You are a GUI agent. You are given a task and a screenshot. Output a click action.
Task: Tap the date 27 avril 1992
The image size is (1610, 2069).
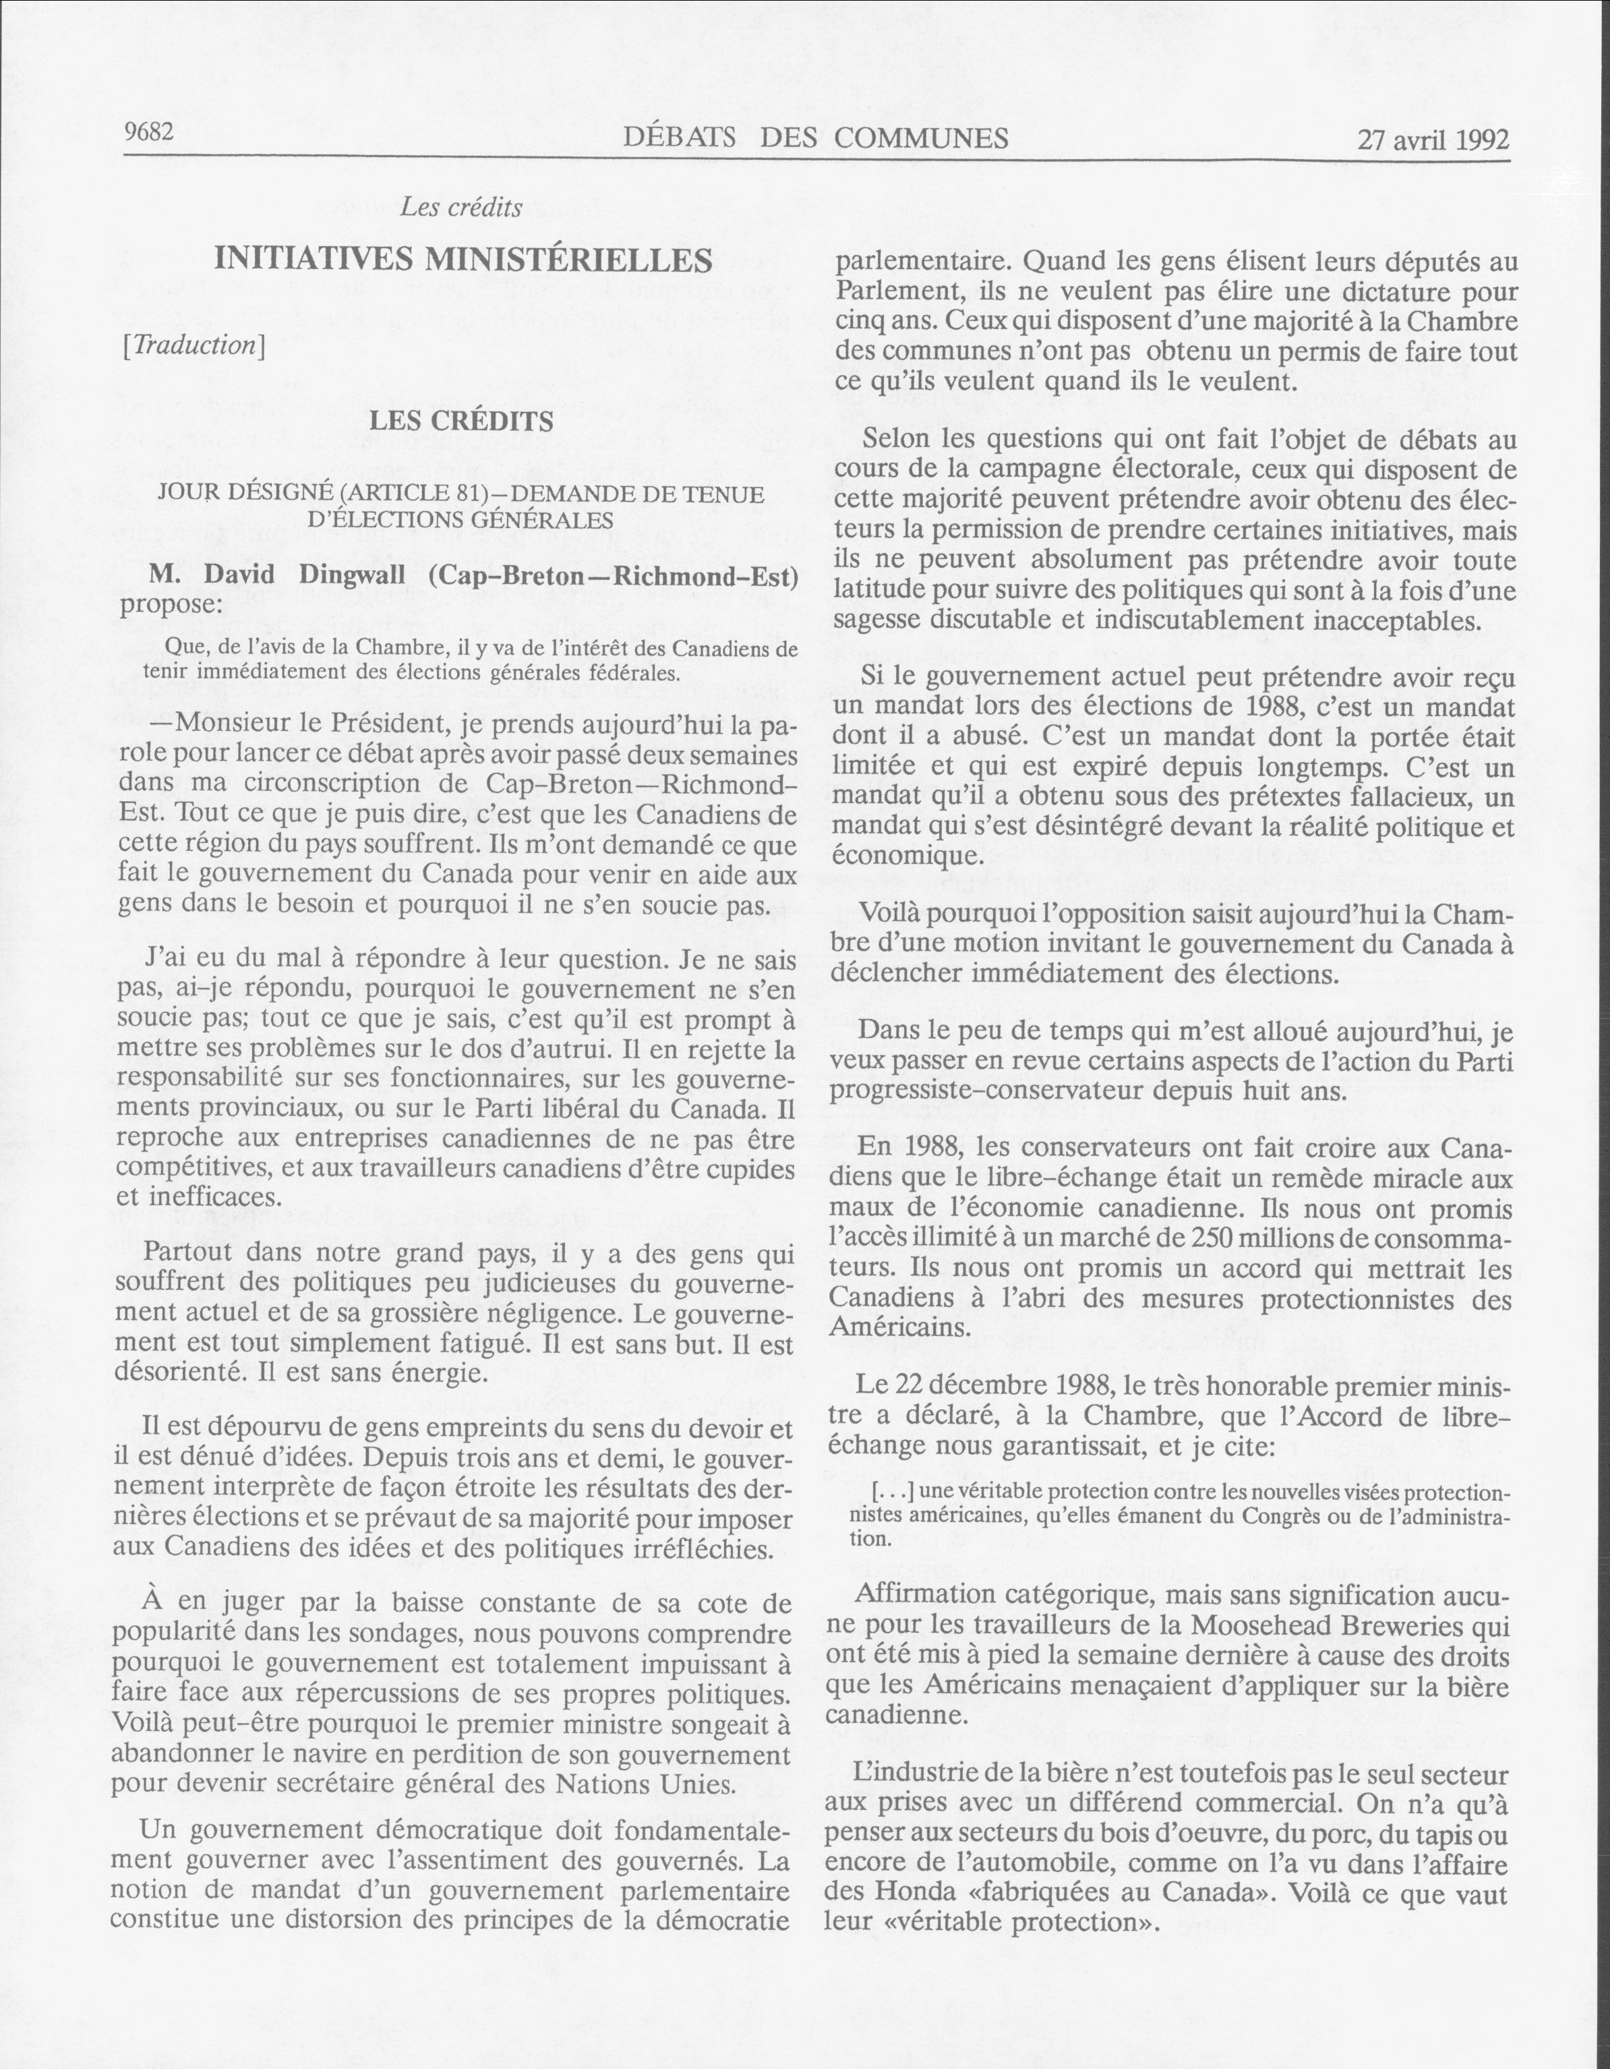click(1433, 140)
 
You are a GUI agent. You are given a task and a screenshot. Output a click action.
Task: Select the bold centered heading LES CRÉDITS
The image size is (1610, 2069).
click(460, 421)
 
